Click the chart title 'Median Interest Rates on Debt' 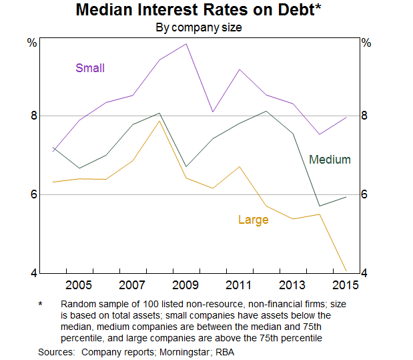[198, 11]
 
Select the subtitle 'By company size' [198, 28]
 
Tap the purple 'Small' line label [90, 67]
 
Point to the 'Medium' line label [330, 160]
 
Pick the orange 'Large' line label [253, 220]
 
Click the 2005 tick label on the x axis [79, 286]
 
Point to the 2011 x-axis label [238, 286]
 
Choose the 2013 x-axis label [291, 286]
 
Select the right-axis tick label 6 [365, 194]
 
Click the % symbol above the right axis [366, 43]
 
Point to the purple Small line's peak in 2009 [185, 44]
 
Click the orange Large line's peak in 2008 [159, 121]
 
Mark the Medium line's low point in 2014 [320, 206]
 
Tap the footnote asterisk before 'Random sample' [40, 304]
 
